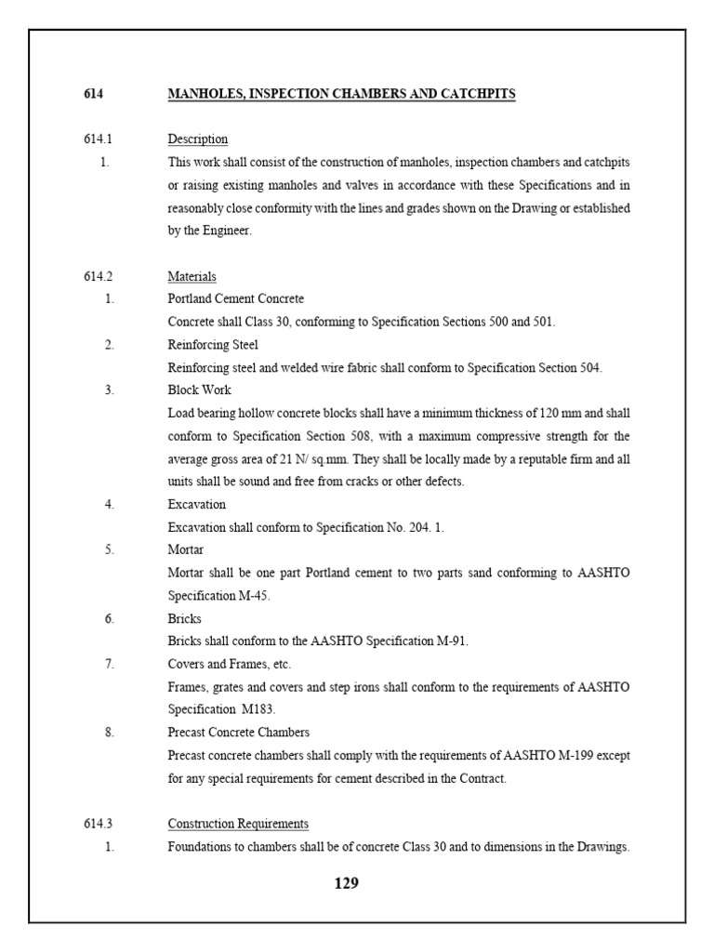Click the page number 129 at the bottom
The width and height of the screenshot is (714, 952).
[346, 883]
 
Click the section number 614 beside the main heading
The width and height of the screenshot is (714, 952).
[94, 94]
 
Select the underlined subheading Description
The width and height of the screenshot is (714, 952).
[197, 139]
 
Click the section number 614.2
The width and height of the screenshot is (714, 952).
[98, 276]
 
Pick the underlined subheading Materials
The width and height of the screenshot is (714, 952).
[192, 276]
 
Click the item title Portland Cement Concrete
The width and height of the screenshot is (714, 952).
[235, 299]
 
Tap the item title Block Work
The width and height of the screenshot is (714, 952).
[199, 390]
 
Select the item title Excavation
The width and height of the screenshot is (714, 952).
[196, 504]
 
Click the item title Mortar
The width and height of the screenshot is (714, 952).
[185, 549]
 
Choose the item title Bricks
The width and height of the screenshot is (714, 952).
[184, 618]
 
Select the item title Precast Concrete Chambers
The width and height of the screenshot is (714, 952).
[239, 732]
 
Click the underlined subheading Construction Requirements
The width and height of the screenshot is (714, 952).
[238, 824]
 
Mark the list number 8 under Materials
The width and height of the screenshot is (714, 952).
[109, 732]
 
